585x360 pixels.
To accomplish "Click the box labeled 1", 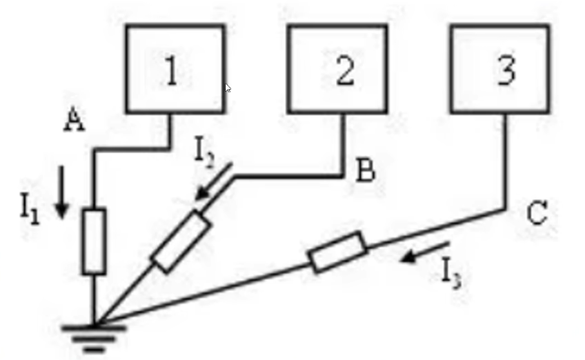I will (175, 69).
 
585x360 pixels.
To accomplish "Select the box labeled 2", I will (337, 69).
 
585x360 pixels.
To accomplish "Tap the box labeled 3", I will (500, 69).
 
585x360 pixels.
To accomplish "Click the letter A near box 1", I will (74, 121).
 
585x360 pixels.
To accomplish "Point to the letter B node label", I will (365, 171).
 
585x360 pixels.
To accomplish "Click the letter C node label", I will (537, 214).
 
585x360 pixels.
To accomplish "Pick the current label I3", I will (452, 273).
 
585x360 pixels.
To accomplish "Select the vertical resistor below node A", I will (94, 241).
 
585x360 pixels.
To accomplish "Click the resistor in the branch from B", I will (180, 242).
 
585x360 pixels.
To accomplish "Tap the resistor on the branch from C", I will (337, 252).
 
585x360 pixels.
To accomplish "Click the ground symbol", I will (94, 335).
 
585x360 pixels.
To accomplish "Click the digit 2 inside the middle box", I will (344, 72).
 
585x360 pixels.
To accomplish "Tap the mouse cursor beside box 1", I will (228, 88).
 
